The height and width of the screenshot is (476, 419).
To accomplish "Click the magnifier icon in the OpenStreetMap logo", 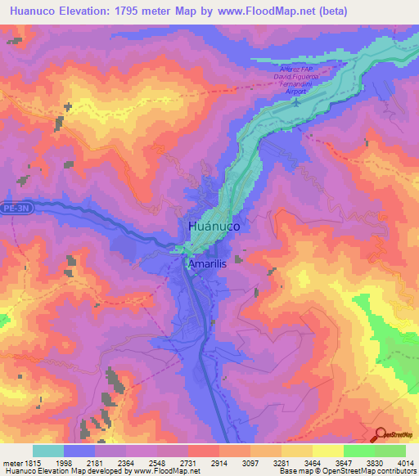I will [x=379, y=435].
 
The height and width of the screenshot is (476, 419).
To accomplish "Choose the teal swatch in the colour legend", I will [x=48, y=451].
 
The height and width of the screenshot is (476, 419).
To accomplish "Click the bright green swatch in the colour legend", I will [x=358, y=451].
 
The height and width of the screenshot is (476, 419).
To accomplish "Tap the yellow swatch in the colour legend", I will [x=327, y=451].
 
